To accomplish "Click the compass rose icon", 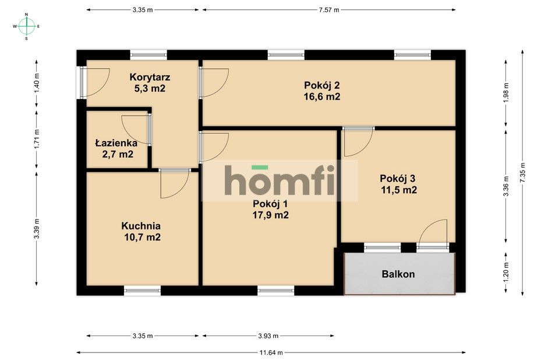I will tap(26, 26).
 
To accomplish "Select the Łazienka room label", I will tap(116, 143).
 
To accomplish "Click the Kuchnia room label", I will tap(141, 226).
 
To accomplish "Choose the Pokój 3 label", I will tap(398, 178).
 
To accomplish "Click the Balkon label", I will tap(398, 274).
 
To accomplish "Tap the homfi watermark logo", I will tap(280, 181).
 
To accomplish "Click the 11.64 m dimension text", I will tap(271, 352).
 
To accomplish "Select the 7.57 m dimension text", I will tap(329, 10).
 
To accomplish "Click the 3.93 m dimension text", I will tap(268, 336).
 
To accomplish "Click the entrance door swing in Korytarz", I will tap(97, 82).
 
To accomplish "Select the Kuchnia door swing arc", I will tap(175, 184).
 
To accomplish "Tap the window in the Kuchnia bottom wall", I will tap(142, 290).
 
